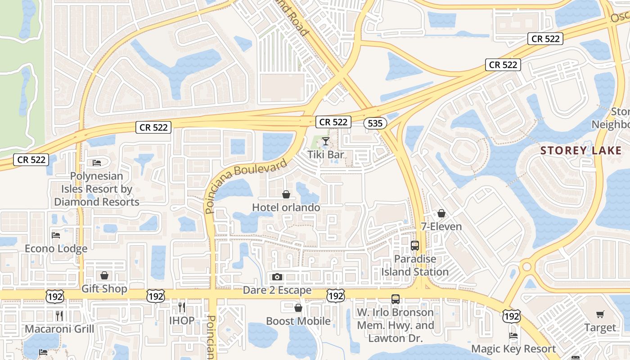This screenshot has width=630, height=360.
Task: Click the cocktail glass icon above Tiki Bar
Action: click(x=326, y=141)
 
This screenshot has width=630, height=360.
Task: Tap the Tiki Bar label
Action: click(x=326, y=154)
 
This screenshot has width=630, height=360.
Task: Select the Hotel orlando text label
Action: click(x=286, y=207)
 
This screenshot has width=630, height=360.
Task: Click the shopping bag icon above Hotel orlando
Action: click(x=286, y=194)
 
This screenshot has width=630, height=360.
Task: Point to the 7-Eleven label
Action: click(x=441, y=226)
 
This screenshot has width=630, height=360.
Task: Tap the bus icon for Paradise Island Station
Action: click(x=415, y=246)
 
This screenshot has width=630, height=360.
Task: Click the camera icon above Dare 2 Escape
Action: click(x=277, y=277)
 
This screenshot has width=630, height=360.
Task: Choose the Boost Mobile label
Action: click(x=298, y=321)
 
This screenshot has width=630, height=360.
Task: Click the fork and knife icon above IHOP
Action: click(x=182, y=307)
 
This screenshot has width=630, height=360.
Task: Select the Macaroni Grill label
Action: click(x=59, y=329)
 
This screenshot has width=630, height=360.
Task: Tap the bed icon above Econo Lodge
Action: click(x=56, y=235)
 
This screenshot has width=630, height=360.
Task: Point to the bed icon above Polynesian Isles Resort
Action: click(x=96, y=162)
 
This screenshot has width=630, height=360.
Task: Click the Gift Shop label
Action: click(x=104, y=288)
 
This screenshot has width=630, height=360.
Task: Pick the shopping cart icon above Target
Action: click(x=600, y=314)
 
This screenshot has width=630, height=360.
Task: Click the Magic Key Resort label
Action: click(x=513, y=349)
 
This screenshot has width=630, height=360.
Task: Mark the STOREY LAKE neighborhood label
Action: click(x=580, y=150)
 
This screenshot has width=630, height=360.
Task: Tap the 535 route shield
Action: click(x=375, y=123)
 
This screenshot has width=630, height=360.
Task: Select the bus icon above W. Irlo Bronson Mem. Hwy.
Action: click(x=396, y=299)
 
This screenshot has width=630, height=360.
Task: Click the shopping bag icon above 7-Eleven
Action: click(x=441, y=213)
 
